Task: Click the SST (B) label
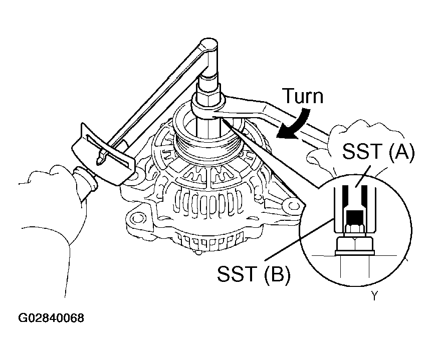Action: click(254, 274)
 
